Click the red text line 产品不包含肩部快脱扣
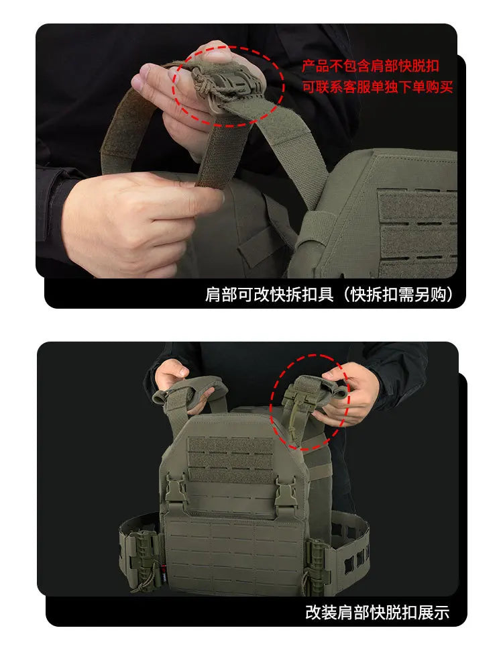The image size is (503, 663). coord(370,66)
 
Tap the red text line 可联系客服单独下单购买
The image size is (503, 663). coord(378,87)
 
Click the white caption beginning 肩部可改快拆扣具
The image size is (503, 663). coord(329,295)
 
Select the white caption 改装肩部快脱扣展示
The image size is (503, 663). coord(377,612)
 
